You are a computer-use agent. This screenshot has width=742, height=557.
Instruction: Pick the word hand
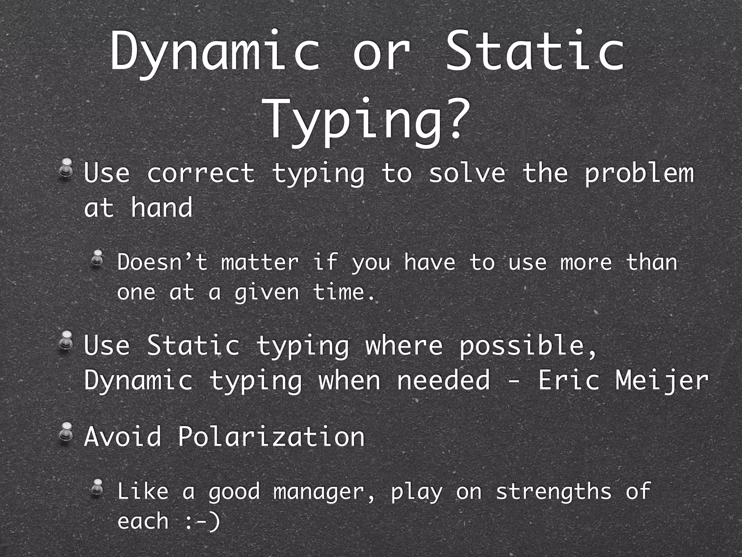tap(162, 207)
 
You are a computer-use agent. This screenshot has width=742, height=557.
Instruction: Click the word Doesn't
tap(162, 262)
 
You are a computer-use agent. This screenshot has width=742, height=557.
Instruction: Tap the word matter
tap(260, 262)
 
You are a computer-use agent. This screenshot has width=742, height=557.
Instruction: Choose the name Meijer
tap(662, 381)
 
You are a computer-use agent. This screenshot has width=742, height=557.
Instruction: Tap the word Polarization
tap(271, 436)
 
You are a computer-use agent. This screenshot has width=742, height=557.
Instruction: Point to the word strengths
tap(554, 492)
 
